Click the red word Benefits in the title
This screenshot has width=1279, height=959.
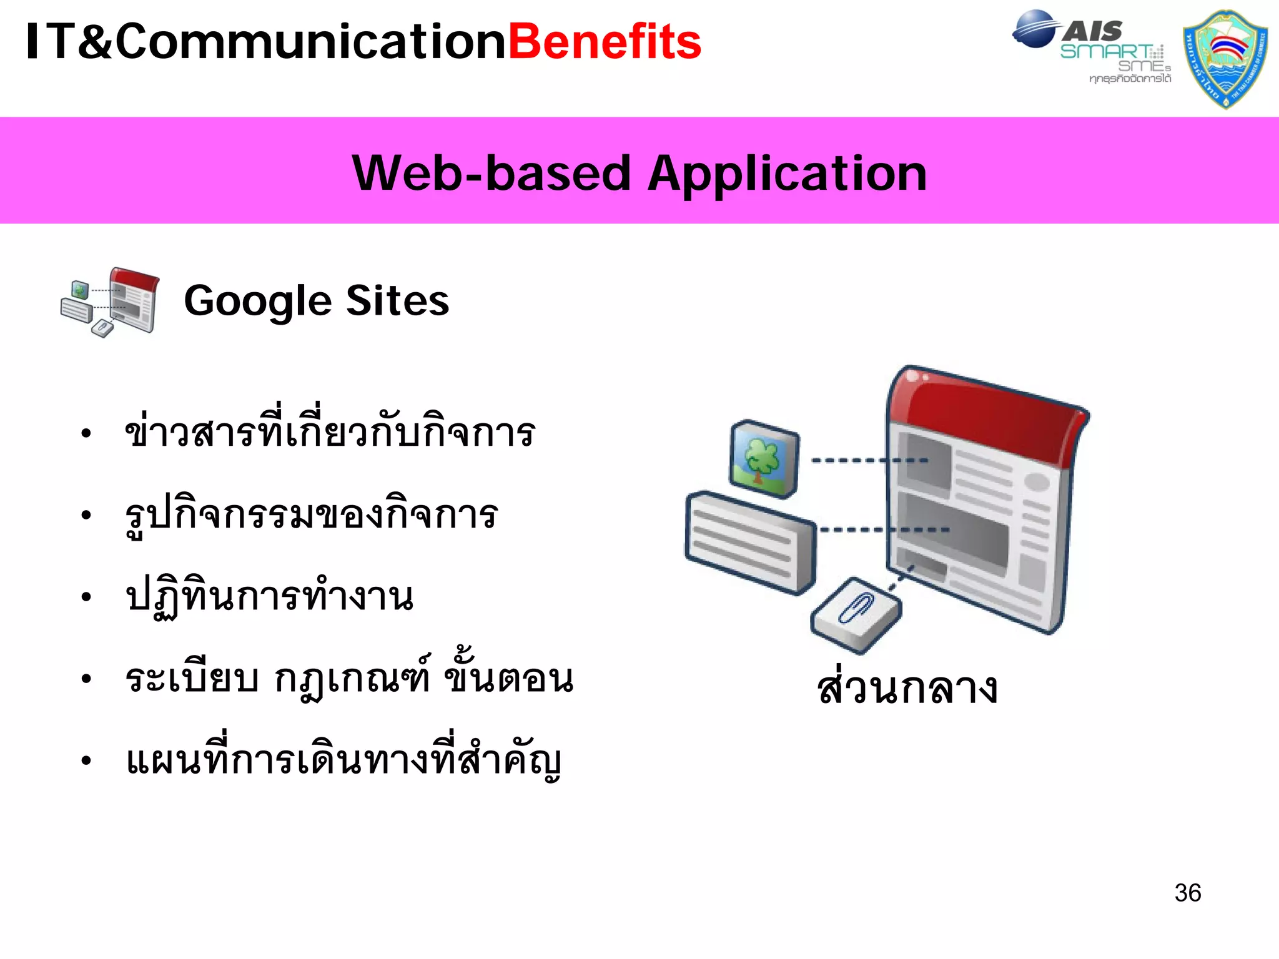click(x=605, y=42)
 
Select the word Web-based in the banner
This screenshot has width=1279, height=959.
click(x=491, y=174)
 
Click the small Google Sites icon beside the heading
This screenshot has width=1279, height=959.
click(x=111, y=302)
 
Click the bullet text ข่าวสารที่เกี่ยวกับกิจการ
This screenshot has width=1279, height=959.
click(x=330, y=432)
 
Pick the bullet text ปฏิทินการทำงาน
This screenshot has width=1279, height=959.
click(x=269, y=597)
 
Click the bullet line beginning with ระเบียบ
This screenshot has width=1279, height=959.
click(x=348, y=678)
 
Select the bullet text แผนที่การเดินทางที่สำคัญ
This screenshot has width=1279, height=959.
click(x=343, y=760)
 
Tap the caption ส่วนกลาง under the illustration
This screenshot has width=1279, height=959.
click(x=907, y=688)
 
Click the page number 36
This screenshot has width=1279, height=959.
click(x=1187, y=893)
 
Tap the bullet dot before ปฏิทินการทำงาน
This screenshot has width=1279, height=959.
click(x=86, y=598)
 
